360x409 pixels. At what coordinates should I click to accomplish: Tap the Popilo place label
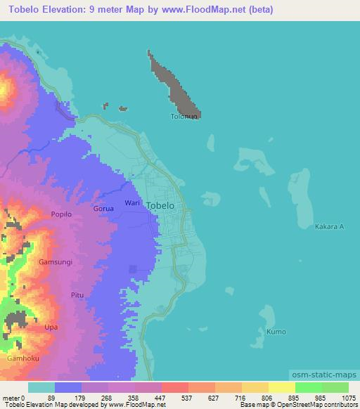point(61,214)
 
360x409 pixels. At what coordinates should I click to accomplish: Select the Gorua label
point(103,209)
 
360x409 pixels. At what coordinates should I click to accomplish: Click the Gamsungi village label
point(56,261)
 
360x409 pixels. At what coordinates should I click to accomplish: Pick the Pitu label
point(77,296)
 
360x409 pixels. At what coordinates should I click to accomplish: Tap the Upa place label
point(51,327)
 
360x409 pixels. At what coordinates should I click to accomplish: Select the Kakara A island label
point(329,227)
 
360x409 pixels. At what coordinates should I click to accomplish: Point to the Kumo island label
point(276,330)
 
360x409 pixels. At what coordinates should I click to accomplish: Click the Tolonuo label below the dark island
point(184,117)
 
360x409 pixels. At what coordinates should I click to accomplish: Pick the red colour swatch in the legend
point(175,387)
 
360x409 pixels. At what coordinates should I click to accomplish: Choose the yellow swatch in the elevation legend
point(282,387)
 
